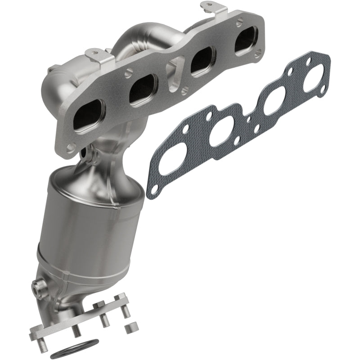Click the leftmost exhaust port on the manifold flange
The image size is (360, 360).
88,116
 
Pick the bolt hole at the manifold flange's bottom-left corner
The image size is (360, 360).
71,147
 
